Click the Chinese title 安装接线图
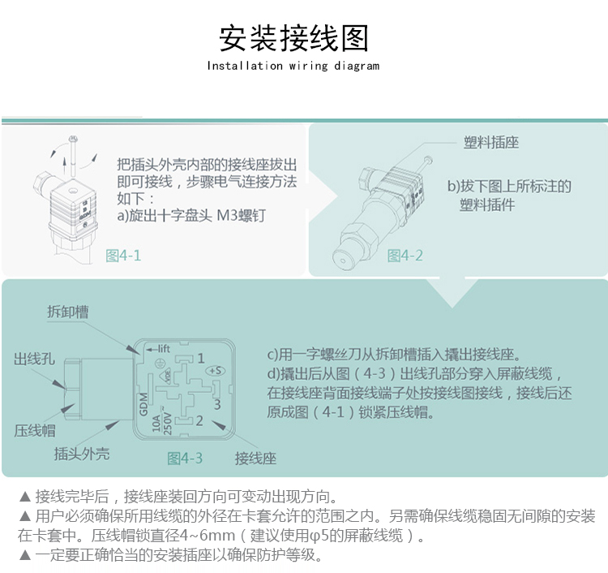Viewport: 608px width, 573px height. tap(293, 38)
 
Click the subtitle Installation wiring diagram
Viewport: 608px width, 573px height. tap(293, 66)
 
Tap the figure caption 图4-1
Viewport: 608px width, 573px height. tap(123, 256)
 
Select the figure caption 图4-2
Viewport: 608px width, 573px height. tap(405, 256)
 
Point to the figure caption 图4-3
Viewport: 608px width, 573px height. tap(185, 458)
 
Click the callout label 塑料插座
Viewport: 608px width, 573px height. tap(491, 143)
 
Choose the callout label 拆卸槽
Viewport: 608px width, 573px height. tap(68, 312)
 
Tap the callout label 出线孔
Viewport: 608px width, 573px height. tap(34, 359)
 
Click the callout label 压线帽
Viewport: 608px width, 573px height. tap(35, 430)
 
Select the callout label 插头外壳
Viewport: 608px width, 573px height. tap(82, 454)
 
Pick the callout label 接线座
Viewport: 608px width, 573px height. tap(255, 459)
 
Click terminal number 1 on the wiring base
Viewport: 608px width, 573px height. tap(200, 358)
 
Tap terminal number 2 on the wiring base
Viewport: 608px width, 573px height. tap(199, 420)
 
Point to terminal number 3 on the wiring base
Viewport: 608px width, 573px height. tap(217, 404)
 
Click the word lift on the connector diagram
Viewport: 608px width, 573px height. tap(164, 349)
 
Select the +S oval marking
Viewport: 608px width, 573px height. tap(216, 371)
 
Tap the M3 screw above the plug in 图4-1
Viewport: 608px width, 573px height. tap(72, 156)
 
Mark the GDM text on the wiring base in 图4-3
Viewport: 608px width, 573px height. tap(143, 403)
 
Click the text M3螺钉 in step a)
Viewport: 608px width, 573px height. tap(242, 215)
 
